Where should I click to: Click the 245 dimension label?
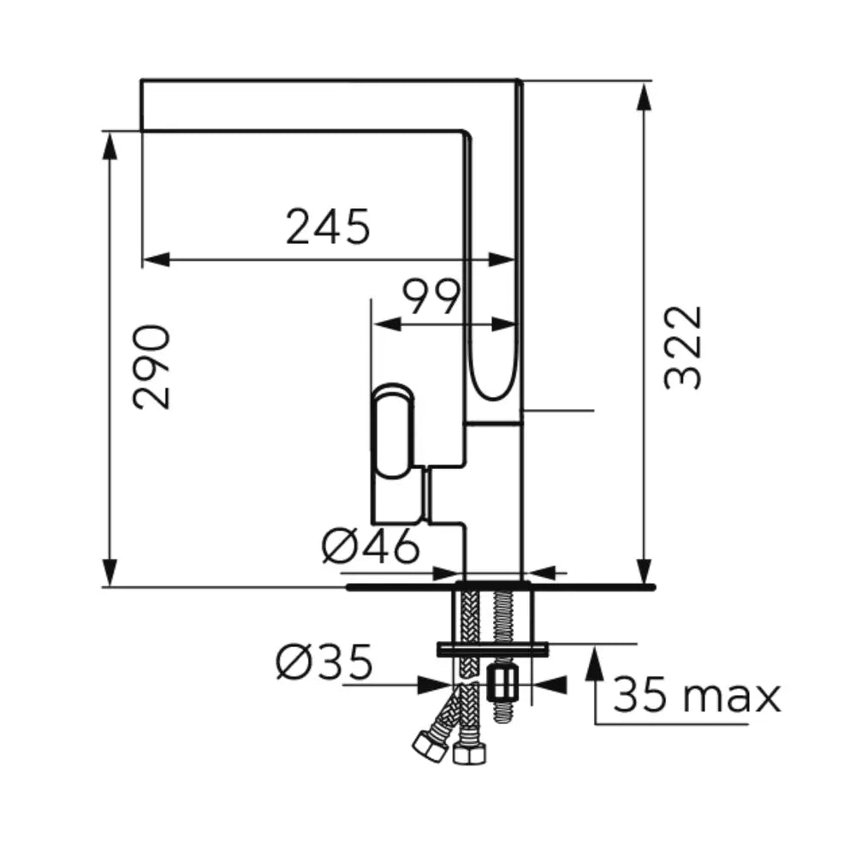pos(328,227)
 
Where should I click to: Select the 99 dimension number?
pos(431,297)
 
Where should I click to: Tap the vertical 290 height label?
pos(152,367)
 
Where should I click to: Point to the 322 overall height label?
pos(682,348)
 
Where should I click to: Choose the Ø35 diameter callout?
pos(324,662)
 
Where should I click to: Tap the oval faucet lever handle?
pos(393,431)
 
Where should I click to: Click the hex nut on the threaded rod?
pos(503,682)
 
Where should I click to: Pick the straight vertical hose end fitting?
pos(469,754)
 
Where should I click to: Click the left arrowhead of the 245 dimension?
pos(156,260)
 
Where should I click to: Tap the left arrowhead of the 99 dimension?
pos(387,324)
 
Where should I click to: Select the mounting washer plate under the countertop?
pos(492,649)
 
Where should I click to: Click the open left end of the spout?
pos(141,105)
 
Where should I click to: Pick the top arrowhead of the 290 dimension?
pos(110,146)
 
